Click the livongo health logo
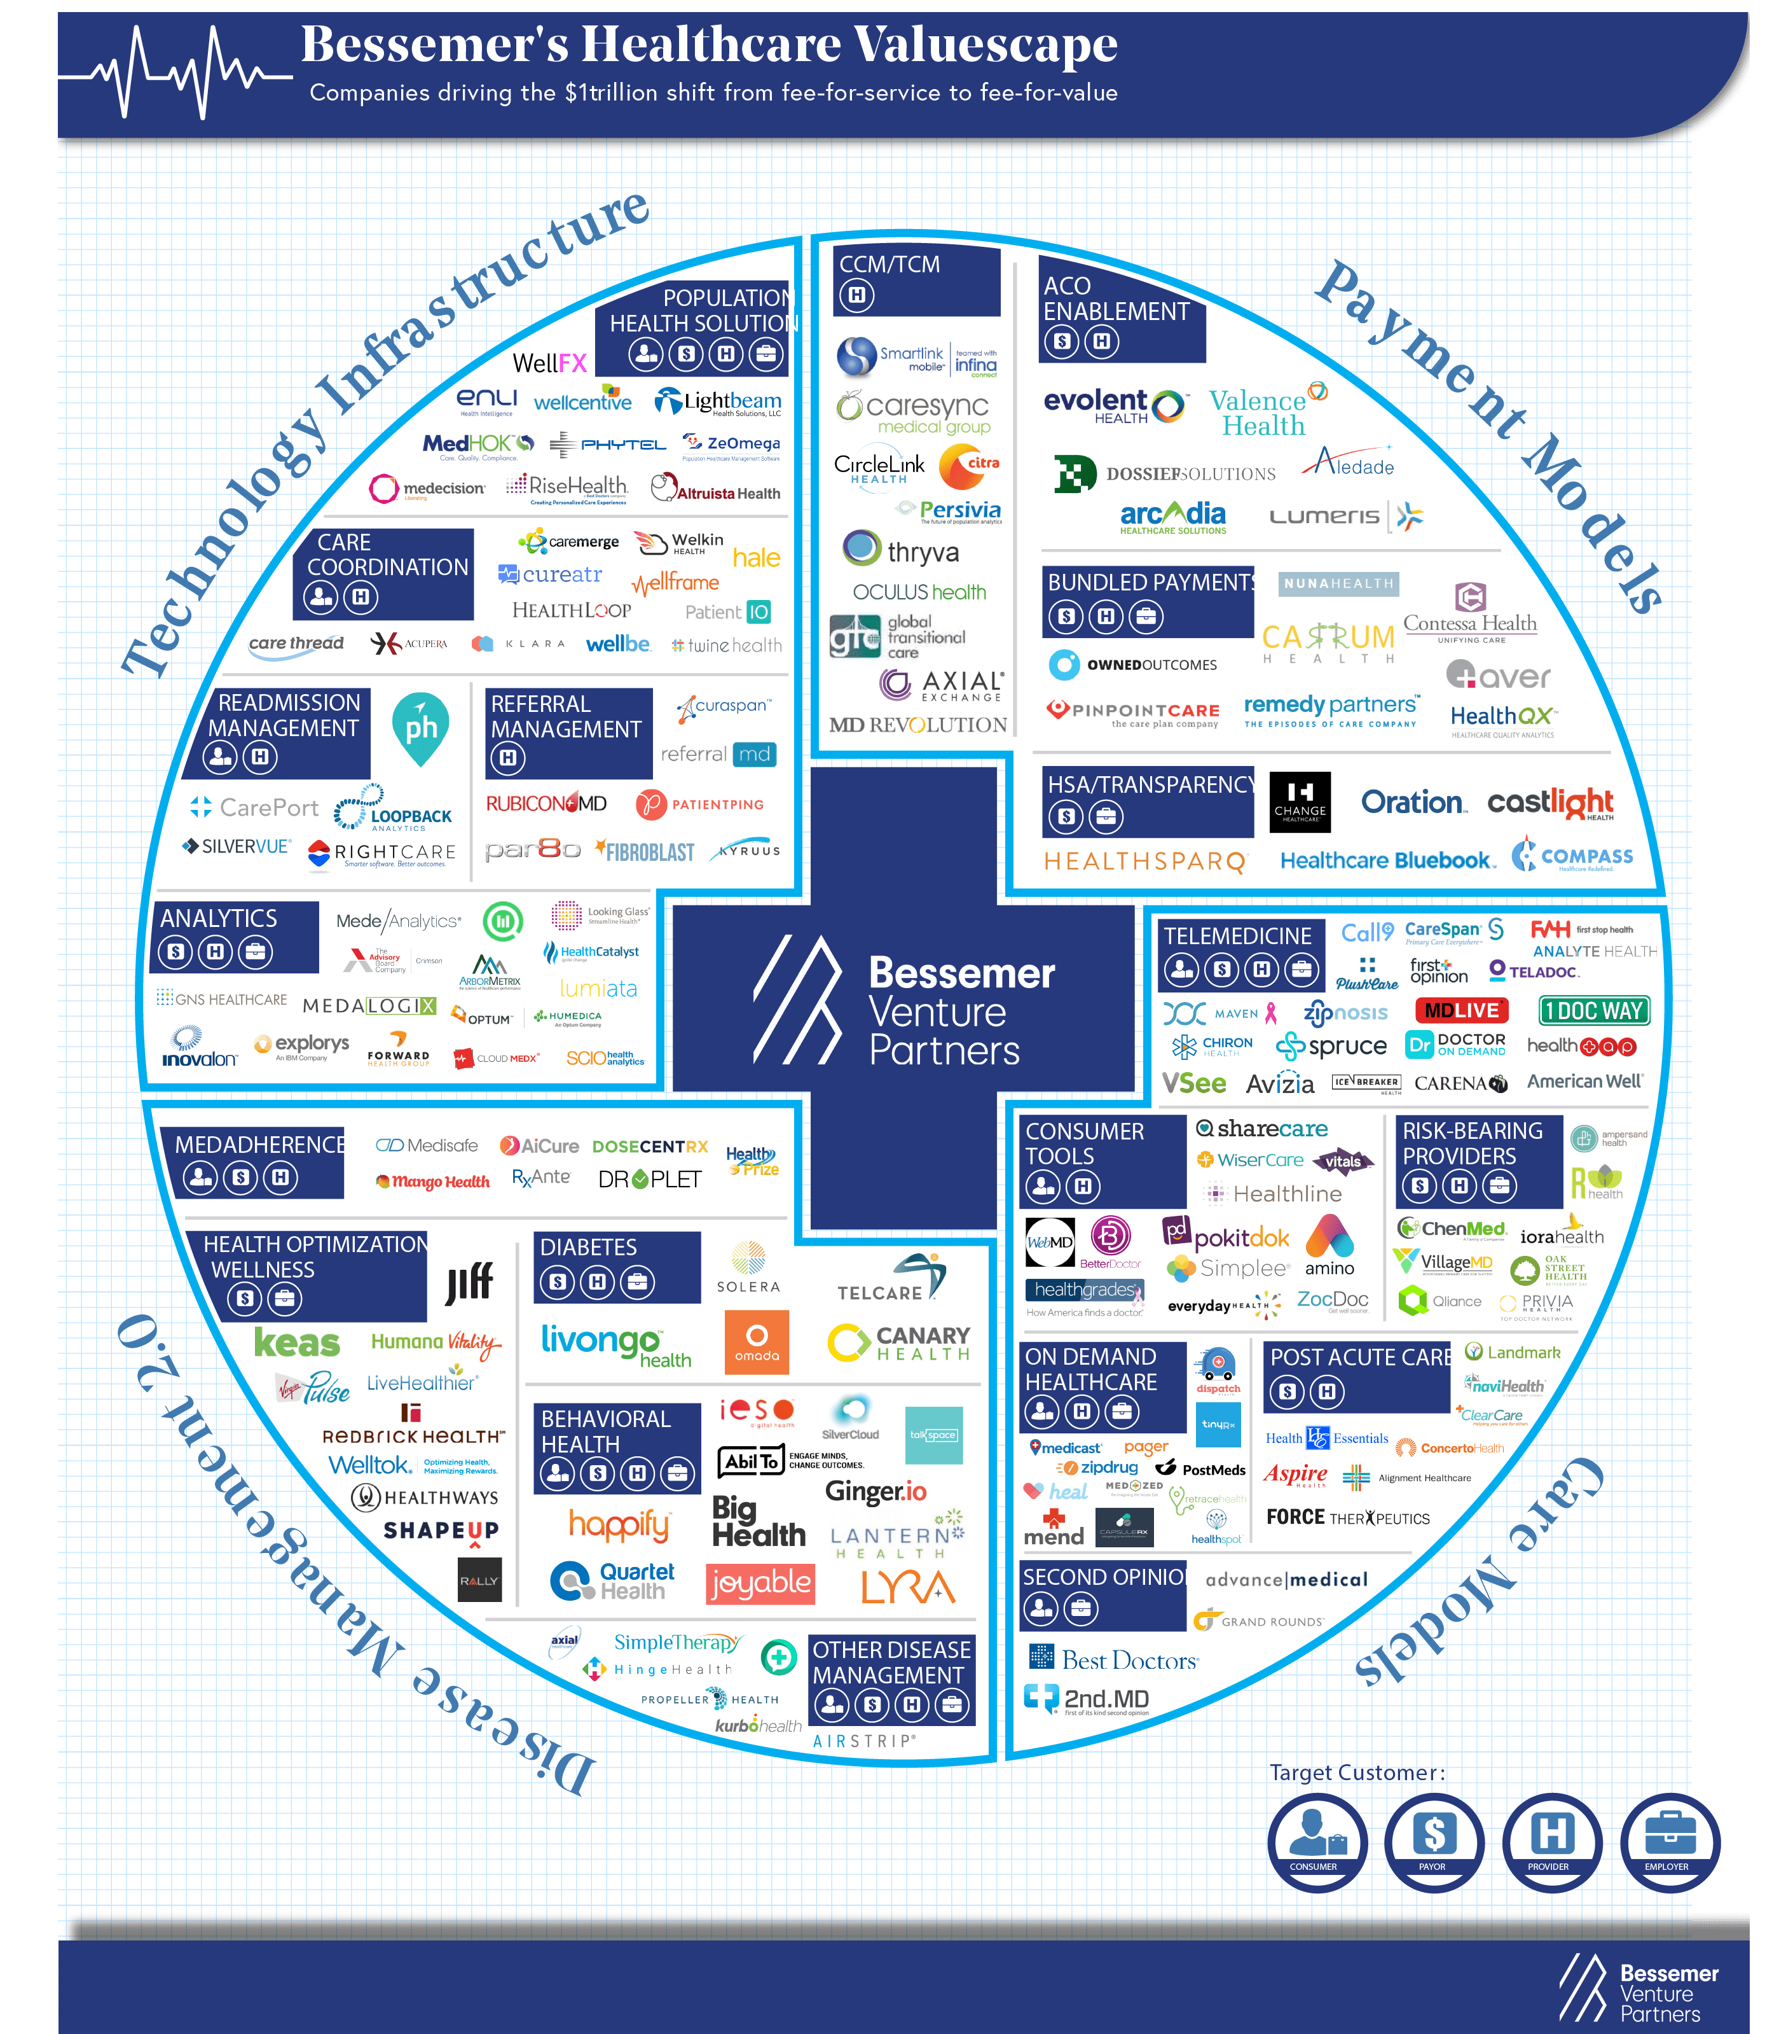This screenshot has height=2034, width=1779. click(615, 1345)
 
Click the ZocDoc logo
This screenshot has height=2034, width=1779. click(1332, 1299)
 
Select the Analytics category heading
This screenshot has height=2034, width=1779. click(219, 919)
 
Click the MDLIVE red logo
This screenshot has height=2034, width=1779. click(1461, 1011)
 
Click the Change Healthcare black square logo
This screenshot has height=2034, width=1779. click(1300, 802)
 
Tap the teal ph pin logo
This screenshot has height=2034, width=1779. click(421, 728)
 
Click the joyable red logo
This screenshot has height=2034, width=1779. click(760, 1583)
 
